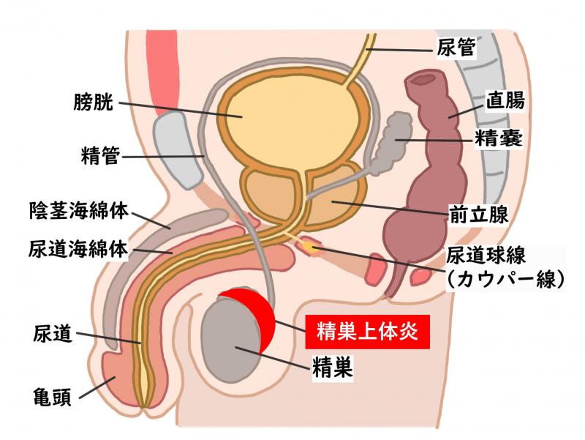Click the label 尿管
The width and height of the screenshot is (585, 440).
[x=456, y=48]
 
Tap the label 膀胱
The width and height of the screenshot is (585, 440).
[x=93, y=101]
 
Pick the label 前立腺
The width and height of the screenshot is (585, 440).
[x=478, y=214]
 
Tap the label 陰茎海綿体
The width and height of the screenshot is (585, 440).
[x=79, y=211]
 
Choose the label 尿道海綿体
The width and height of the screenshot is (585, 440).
[x=78, y=248]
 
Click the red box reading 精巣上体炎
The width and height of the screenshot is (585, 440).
[x=368, y=332]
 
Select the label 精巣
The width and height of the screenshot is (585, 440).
[x=333, y=368]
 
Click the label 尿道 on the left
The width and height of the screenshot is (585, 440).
[x=52, y=333]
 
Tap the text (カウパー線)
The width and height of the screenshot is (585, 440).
[x=505, y=279]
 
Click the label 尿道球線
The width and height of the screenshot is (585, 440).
[x=486, y=256]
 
